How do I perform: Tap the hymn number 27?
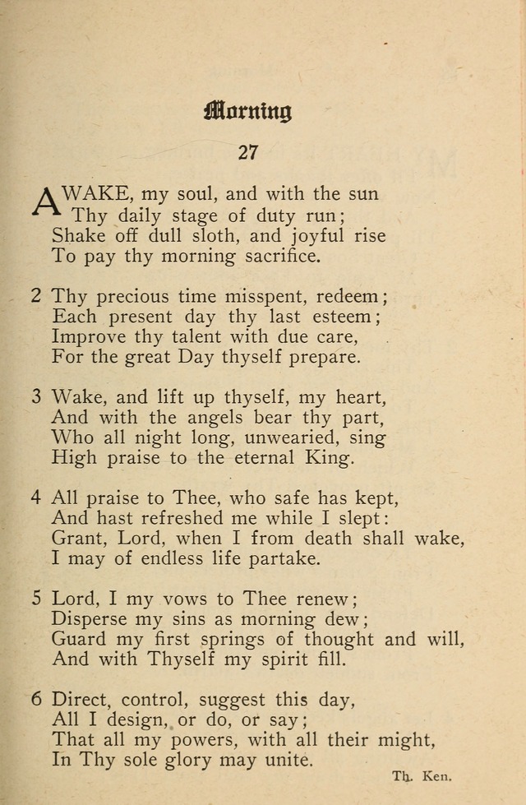click(x=248, y=153)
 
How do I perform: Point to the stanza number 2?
click(x=36, y=295)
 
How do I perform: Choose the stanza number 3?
click(x=36, y=396)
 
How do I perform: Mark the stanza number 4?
click(x=36, y=497)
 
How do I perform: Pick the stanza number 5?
click(x=36, y=599)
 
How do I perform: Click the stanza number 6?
click(x=36, y=701)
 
